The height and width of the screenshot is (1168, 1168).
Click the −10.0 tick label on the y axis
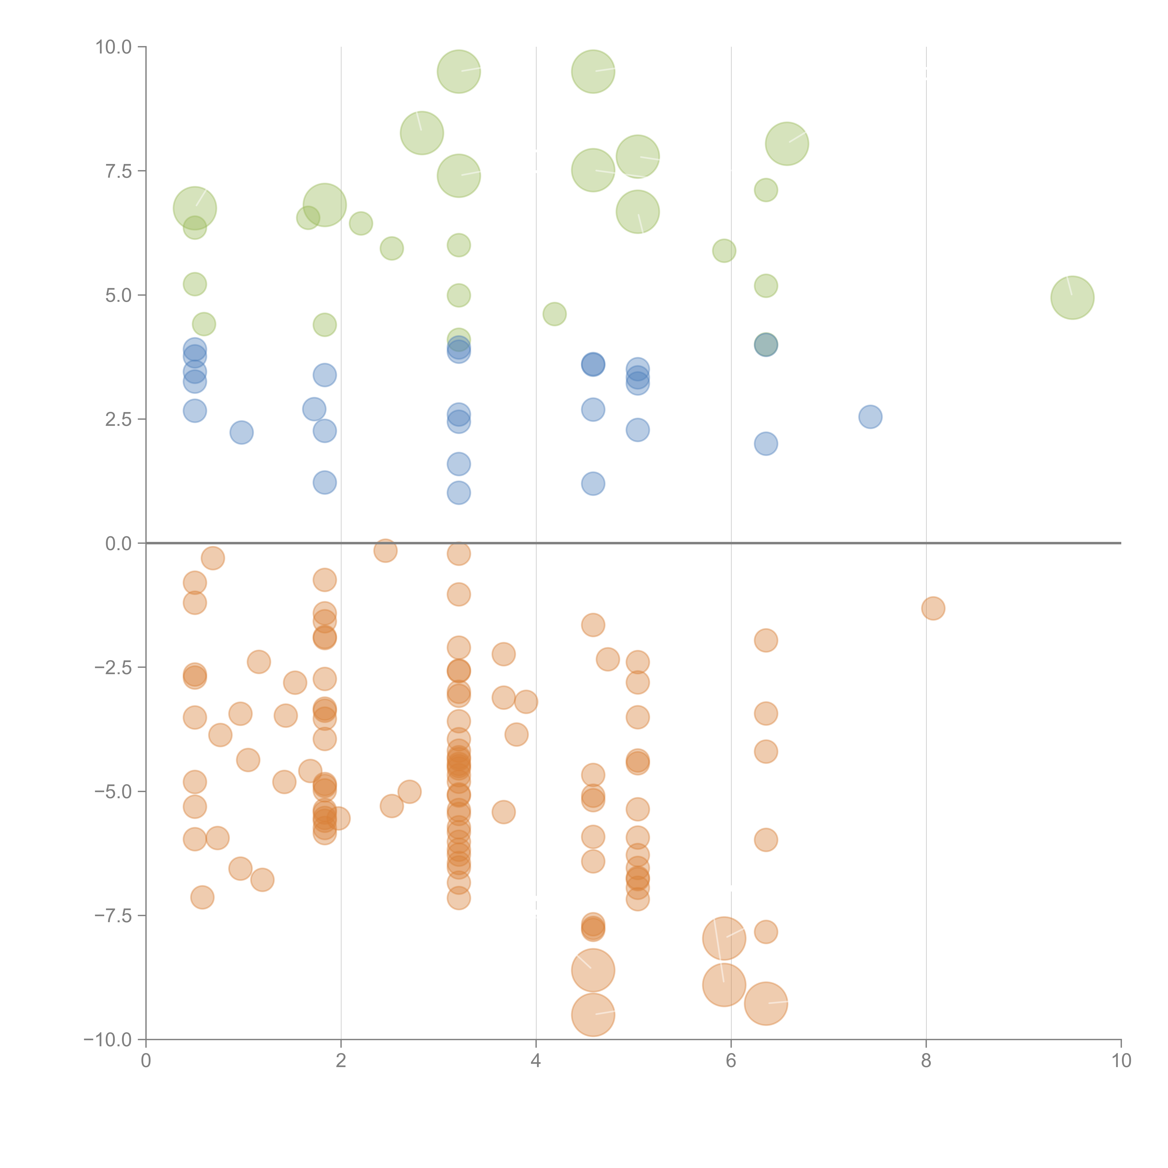tap(108, 1040)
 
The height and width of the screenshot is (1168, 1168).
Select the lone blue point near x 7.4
tap(870, 417)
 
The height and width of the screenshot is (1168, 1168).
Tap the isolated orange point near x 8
tap(933, 608)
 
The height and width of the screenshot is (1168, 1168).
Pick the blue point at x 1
tap(241, 432)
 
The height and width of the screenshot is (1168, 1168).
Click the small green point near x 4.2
tap(554, 314)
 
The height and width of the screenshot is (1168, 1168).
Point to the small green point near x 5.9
tap(724, 250)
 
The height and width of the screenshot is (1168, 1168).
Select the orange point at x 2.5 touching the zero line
tap(385, 550)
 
